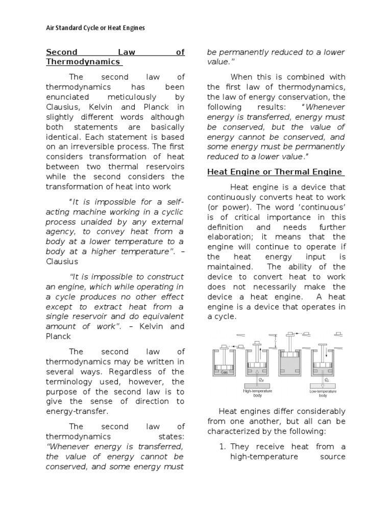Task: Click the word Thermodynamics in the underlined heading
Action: pyautogui.click(x=83, y=62)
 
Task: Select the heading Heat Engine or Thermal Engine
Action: pyautogui.click(x=275, y=172)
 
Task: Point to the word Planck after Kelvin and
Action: pyautogui.click(x=58, y=336)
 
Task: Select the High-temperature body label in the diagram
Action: pyautogui.click(x=258, y=393)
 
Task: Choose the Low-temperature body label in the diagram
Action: pyautogui.click(x=323, y=393)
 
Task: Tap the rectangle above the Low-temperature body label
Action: pyautogui.click(x=323, y=385)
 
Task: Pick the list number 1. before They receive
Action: pyautogui.click(x=222, y=447)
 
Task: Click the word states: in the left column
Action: pyautogui.click(x=170, y=436)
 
